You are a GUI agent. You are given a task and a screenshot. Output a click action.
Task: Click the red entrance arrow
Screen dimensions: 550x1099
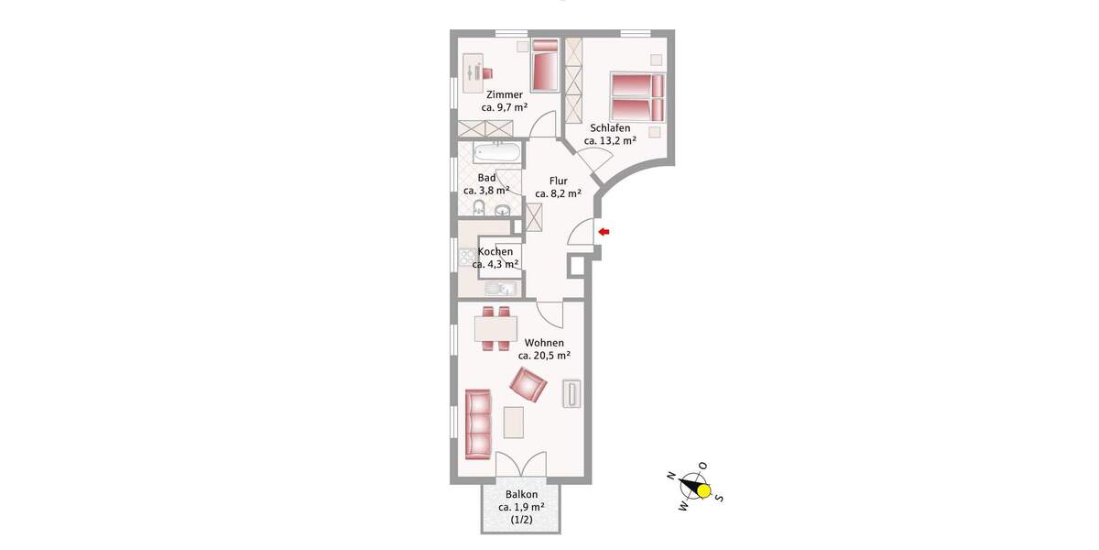coord(604,232)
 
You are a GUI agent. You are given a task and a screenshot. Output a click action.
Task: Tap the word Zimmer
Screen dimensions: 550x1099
coord(505,94)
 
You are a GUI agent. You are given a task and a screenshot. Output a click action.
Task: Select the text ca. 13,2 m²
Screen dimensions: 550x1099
coord(610,141)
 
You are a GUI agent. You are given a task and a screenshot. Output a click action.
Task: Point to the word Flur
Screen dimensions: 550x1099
coord(559,181)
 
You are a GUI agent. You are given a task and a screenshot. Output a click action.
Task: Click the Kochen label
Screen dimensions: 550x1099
coord(495,251)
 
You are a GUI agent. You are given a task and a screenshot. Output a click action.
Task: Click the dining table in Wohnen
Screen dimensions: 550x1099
coord(495,327)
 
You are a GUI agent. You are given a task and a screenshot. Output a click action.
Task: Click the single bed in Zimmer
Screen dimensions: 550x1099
coord(545,65)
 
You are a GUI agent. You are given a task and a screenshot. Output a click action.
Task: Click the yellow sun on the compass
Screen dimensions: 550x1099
coord(704,490)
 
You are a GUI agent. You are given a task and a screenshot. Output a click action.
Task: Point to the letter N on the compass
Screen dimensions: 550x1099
coord(671,476)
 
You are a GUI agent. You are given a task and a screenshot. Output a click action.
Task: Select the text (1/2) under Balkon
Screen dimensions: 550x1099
coord(521,520)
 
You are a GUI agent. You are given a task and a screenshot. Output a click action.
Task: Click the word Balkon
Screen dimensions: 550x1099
coord(521,494)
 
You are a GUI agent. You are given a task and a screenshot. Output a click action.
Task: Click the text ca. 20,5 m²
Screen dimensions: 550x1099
coord(544,356)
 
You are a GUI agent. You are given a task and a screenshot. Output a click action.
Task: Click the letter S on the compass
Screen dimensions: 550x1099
coord(719,498)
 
